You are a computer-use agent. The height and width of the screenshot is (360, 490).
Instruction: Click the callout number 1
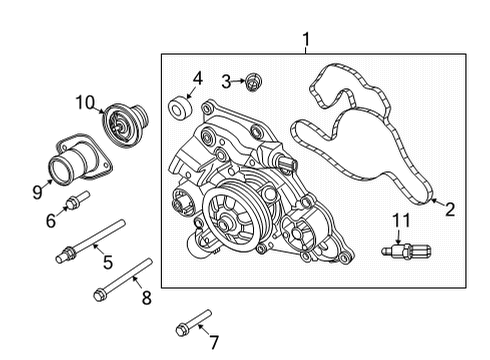(x=306, y=40)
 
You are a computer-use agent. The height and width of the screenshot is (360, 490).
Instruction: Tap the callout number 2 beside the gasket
(x=449, y=209)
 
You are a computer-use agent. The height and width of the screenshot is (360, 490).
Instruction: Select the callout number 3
(x=227, y=80)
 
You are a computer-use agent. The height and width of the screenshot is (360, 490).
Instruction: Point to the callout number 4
(x=197, y=76)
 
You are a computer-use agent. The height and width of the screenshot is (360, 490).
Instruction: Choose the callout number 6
(x=51, y=221)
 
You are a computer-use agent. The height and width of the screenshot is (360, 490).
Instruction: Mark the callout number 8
(x=145, y=297)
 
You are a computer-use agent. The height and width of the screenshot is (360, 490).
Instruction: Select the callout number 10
(x=86, y=101)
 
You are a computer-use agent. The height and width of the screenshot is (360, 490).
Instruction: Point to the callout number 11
(x=400, y=220)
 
